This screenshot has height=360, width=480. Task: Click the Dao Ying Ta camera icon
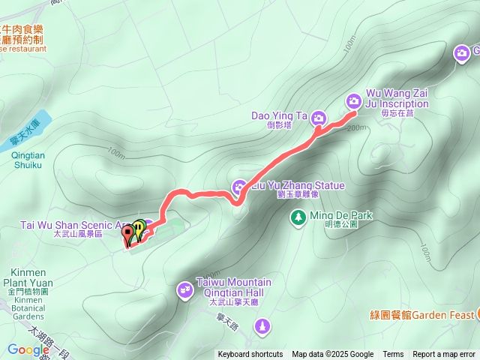click(319, 118)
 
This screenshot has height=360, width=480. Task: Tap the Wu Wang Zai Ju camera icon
click(354, 100)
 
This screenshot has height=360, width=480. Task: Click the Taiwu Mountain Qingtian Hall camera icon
click(185, 289)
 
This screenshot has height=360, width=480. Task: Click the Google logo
click(28, 349)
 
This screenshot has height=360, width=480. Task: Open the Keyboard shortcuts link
click(250, 355)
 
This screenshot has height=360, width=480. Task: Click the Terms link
click(393, 355)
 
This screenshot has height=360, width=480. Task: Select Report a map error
click(444, 355)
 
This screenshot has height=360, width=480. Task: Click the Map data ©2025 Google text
click(333, 355)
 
